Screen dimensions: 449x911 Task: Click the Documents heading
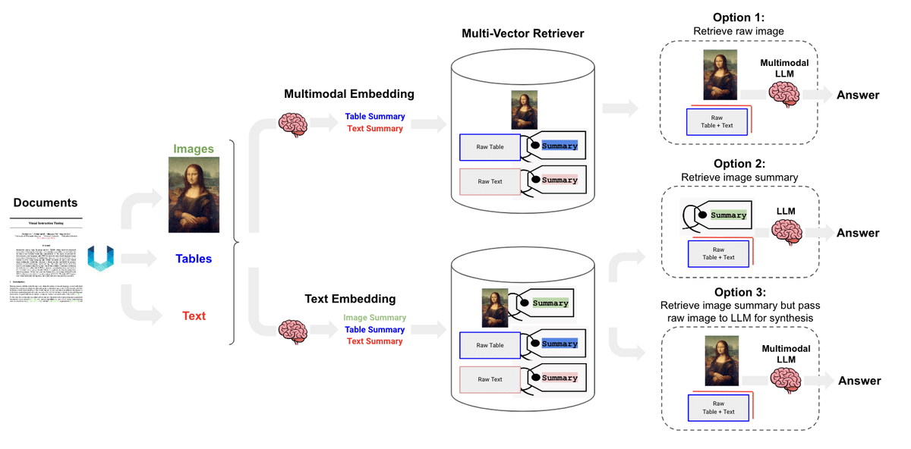tap(46, 203)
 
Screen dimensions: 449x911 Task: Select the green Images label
tap(193, 149)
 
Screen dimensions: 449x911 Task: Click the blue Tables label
tap(194, 259)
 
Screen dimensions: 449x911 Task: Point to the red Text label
tap(194, 316)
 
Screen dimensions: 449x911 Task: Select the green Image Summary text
tap(374, 318)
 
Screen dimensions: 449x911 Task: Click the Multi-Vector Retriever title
tap(522, 34)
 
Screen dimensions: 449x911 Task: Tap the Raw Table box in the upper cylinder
tap(490, 147)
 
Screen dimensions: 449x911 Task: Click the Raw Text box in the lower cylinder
tap(490, 379)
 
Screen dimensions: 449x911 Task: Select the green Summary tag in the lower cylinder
tap(550, 303)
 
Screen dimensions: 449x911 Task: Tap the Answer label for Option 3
tap(859, 381)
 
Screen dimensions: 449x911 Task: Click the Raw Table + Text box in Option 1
tap(717, 121)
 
